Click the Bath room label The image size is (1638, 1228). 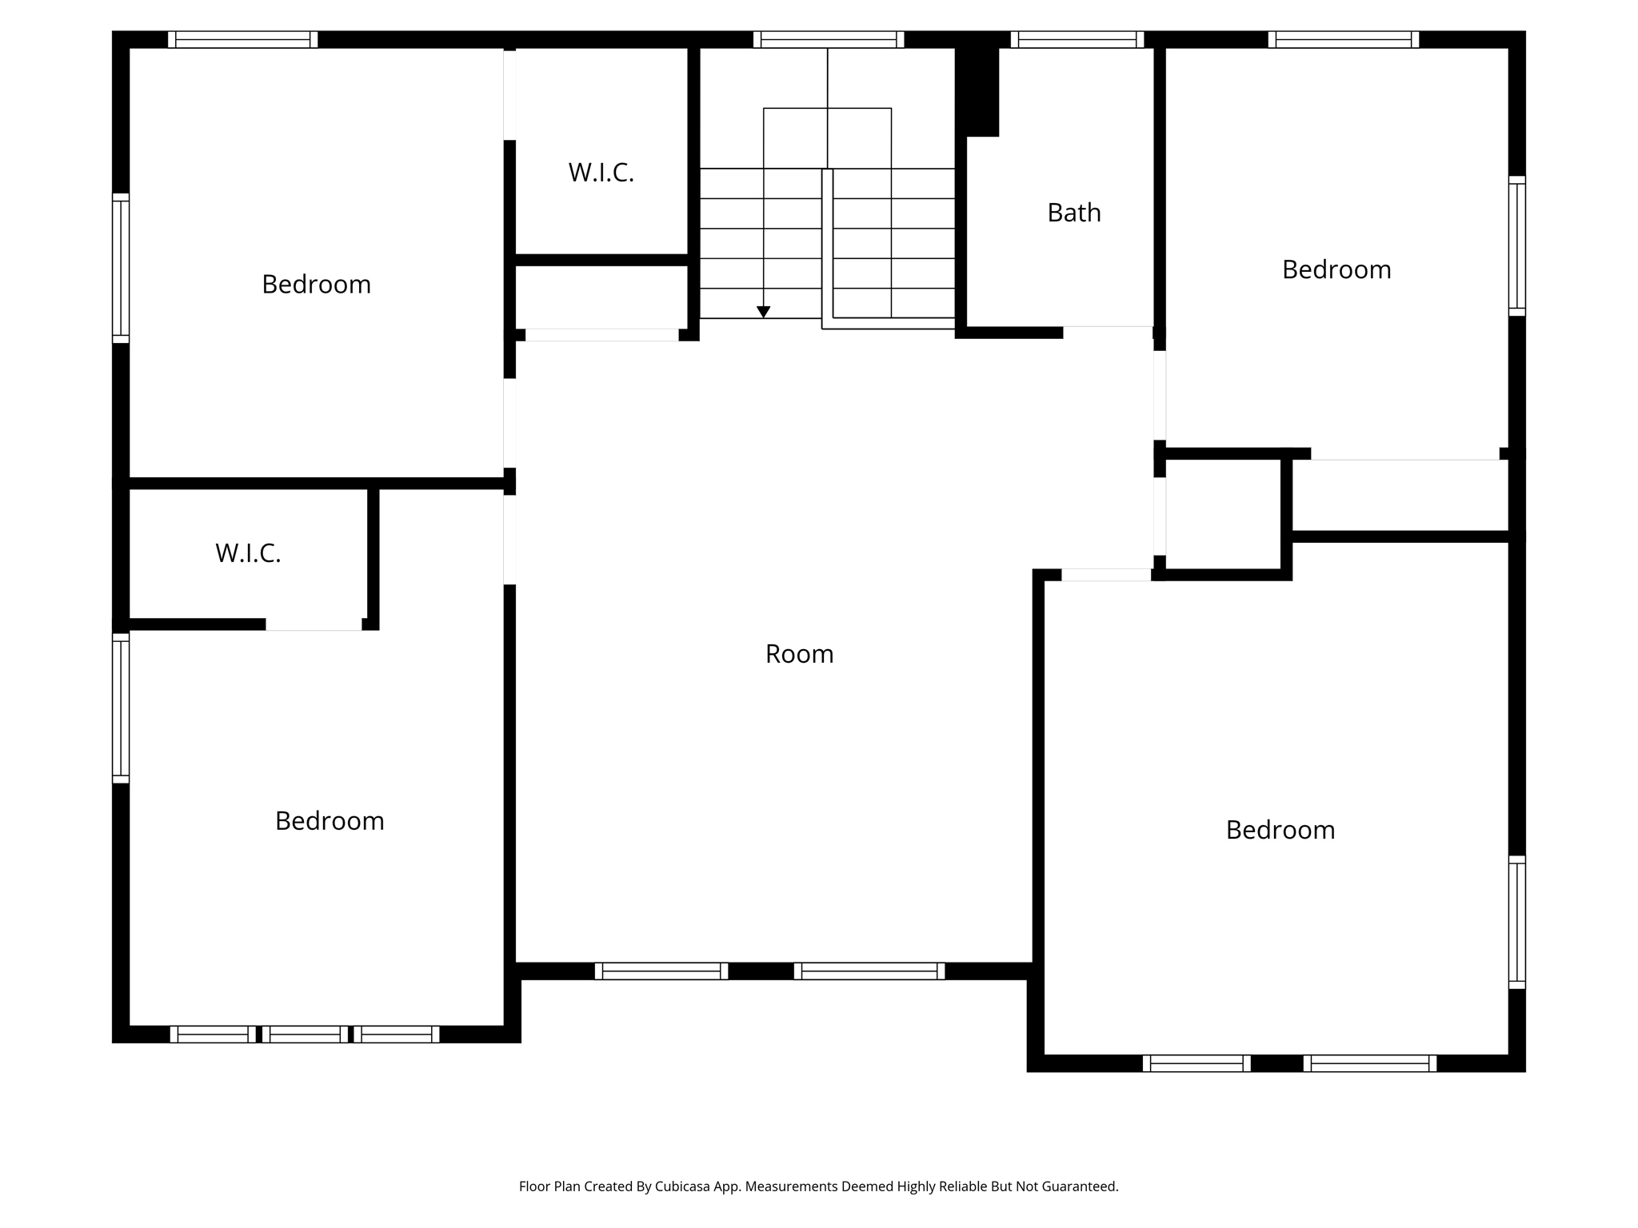[x=1074, y=213]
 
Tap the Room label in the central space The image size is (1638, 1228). [x=799, y=654]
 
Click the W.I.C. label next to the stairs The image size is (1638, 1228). [x=601, y=173]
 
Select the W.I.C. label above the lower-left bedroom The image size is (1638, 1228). [x=248, y=553]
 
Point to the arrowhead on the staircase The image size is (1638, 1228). [x=764, y=312]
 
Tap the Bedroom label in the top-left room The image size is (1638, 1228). [x=317, y=285]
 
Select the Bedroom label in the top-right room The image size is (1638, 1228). [x=1336, y=269]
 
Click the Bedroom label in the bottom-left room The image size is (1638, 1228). [x=330, y=821]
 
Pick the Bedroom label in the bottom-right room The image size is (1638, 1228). [x=1280, y=830]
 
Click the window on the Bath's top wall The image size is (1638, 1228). [x=1077, y=40]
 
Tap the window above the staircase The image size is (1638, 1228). [x=829, y=40]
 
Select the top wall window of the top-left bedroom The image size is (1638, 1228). [x=243, y=40]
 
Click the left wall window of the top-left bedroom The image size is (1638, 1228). [x=121, y=268]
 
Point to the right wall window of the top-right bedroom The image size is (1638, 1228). [x=1517, y=245]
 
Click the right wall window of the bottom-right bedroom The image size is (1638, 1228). [x=1517, y=922]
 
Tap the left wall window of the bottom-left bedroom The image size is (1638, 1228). [x=121, y=708]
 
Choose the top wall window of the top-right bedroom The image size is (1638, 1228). [x=1344, y=40]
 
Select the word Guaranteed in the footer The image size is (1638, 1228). [x=1078, y=1186]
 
